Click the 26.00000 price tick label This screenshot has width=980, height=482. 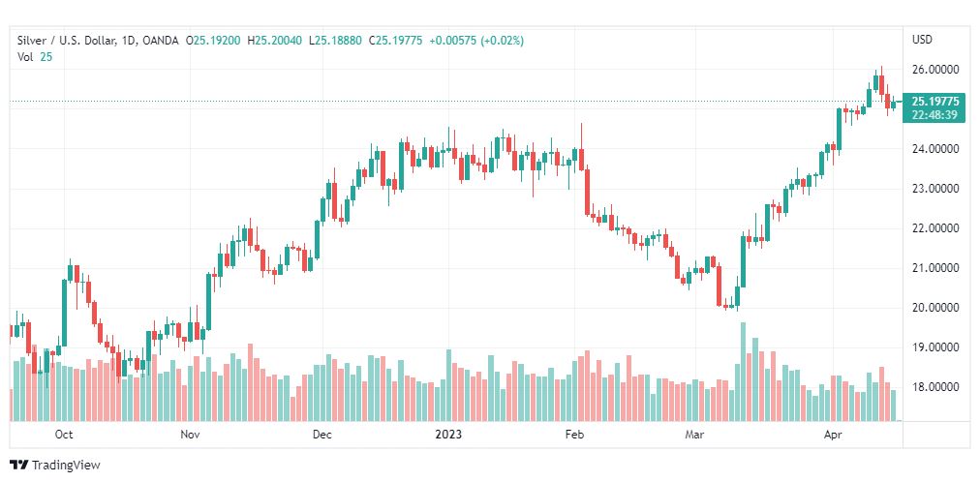[934, 70]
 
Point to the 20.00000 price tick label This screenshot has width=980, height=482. [934, 308]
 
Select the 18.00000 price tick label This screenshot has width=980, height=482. [934, 387]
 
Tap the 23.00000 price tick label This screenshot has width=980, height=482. [934, 189]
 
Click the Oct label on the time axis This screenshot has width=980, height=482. [64, 436]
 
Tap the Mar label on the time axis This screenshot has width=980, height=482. [693, 436]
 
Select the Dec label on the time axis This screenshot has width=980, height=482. [322, 436]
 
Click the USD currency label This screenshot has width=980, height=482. [922, 40]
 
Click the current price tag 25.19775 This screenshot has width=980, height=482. [935, 101]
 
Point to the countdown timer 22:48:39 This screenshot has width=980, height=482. [935, 114]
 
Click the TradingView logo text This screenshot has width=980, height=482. [65, 466]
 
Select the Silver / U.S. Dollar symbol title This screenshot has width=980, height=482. [65, 40]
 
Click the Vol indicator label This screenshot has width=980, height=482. [26, 56]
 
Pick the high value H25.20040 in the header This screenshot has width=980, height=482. [274, 40]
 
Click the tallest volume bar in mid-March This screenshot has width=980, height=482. [744, 372]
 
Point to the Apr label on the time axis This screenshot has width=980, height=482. [831, 436]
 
